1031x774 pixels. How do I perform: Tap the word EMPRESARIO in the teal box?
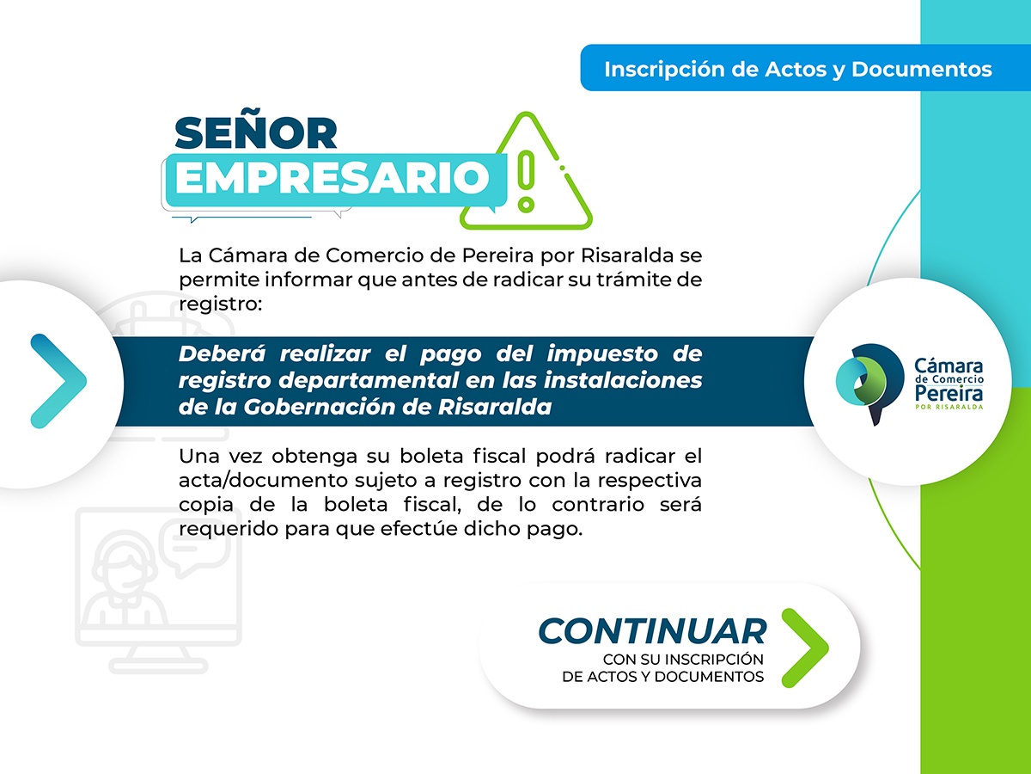click(x=333, y=178)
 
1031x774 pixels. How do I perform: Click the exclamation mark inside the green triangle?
click(x=527, y=181)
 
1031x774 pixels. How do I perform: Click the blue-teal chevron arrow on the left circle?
click(x=58, y=381)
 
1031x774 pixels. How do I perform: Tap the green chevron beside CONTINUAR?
click(x=805, y=648)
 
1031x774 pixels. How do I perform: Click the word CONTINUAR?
click(x=652, y=631)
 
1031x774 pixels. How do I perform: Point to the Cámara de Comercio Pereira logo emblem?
click(x=869, y=384)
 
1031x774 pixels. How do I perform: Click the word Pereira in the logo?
click(x=949, y=393)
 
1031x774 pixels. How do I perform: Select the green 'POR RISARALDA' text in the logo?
click(x=949, y=407)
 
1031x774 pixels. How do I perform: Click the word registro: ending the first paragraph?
click(x=220, y=304)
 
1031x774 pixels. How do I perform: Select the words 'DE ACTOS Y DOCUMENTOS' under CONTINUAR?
click(x=662, y=677)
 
